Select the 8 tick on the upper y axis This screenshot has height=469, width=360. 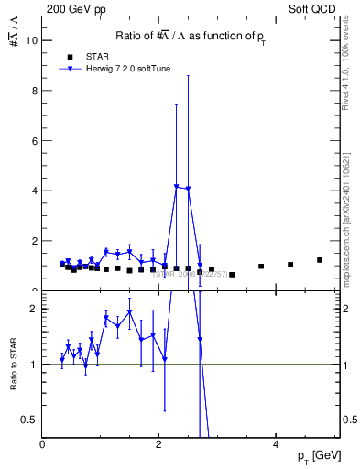pos(35,91)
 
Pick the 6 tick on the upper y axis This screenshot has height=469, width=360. pos(35,141)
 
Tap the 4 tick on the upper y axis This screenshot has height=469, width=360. pos(35,191)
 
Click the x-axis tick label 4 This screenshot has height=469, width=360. pos(276,443)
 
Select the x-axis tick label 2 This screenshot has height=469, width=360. pos(159,443)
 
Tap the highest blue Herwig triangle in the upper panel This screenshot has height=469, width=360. pos(176,186)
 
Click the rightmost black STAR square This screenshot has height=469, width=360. pos(320,260)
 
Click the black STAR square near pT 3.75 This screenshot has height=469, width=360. pos(261,267)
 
